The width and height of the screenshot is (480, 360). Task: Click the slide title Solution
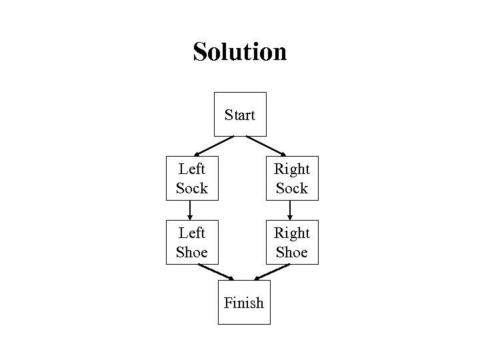pyautogui.click(x=239, y=51)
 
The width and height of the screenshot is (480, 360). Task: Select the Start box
pyautogui.click(x=240, y=115)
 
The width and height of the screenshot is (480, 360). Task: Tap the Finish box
pyautogui.click(x=244, y=303)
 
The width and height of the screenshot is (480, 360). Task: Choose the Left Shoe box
pyautogui.click(x=191, y=243)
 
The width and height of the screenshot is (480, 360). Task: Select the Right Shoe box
pyautogui.click(x=291, y=243)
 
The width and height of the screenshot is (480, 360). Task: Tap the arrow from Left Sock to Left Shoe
pyautogui.click(x=191, y=211)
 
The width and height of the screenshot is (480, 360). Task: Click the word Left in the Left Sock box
pyautogui.click(x=191, y=169)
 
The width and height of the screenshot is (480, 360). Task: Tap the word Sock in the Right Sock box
pyautogui.click(x=291, y=188)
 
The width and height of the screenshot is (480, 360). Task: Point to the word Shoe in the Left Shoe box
pyautogui.click(x=191, y=252)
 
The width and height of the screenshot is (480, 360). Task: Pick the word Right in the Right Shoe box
pyautogui.click(x=291, y=233)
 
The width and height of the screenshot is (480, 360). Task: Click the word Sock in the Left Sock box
pyautogui.click(x=191, y=188)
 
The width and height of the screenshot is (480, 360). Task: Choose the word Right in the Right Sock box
pyautogui.click(x=291, y=169)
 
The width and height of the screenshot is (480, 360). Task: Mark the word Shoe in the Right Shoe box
pyautogui.click(x=291, y=252)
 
